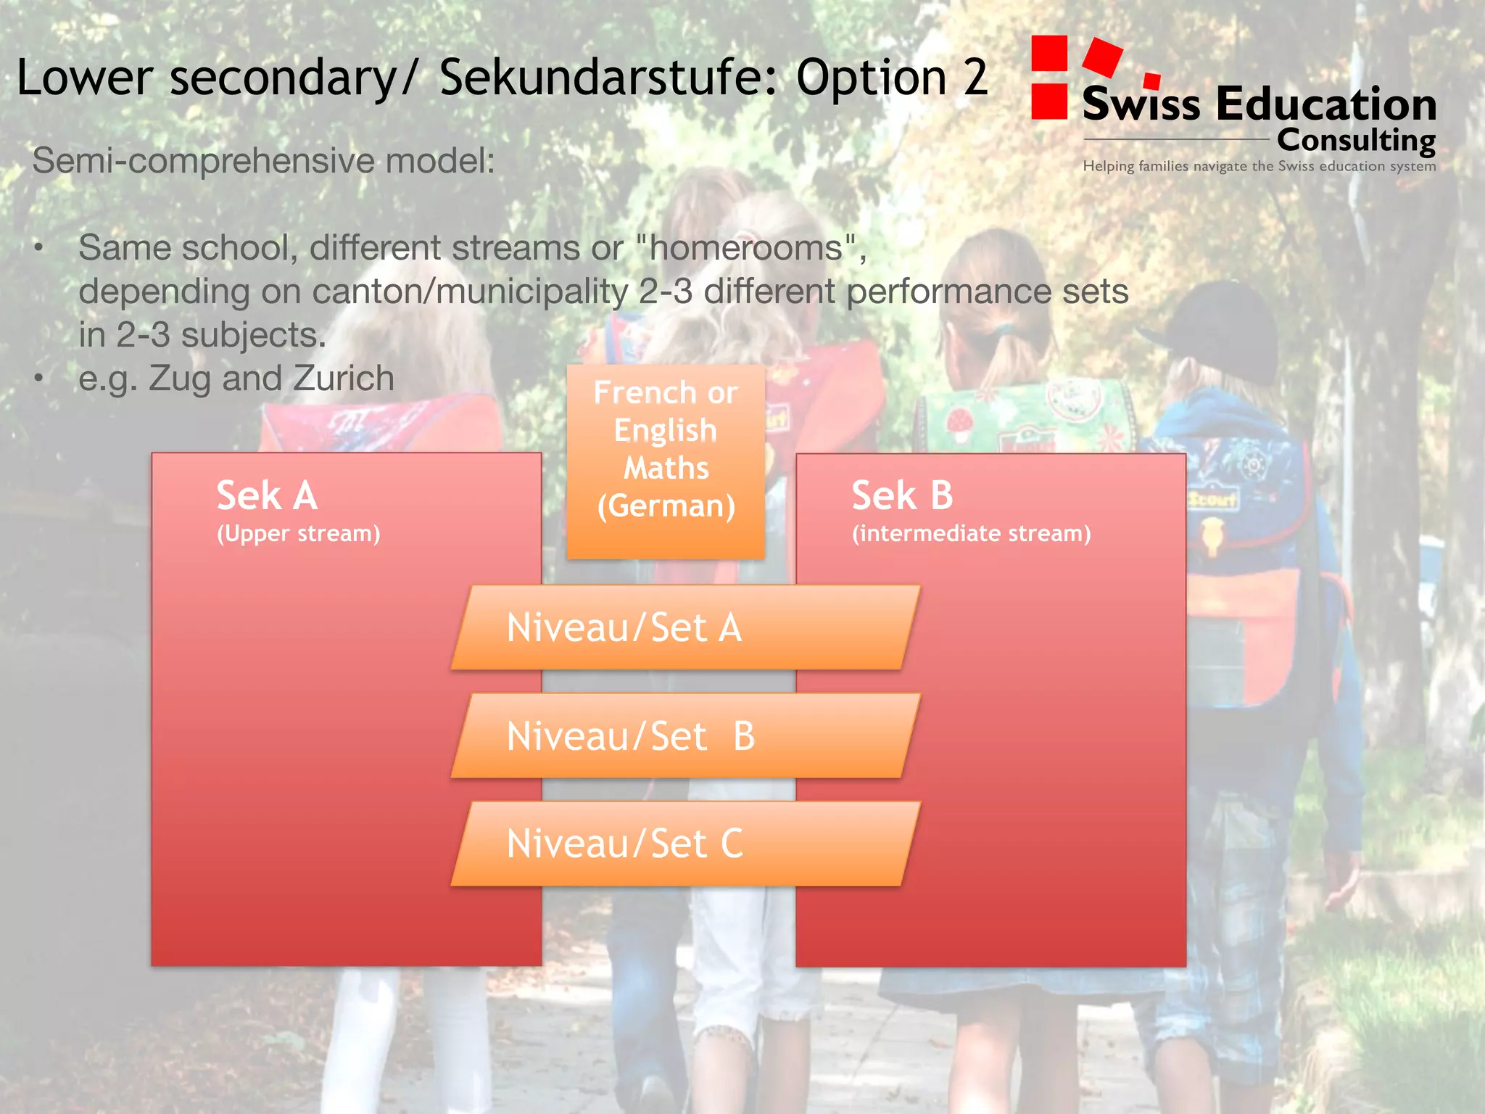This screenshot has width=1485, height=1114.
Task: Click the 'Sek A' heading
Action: click(267, 496)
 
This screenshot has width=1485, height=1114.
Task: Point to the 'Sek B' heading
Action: click(902, 496)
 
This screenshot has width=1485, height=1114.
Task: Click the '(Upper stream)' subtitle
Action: click(298, 534)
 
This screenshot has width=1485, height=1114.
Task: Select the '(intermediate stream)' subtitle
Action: click(971, 534)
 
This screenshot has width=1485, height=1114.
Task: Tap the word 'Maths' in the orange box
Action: click(666, 469)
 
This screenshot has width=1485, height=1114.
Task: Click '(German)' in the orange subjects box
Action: click(666, 506)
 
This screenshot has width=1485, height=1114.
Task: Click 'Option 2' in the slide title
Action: click(892, 78)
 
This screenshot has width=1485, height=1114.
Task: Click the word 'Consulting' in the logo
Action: click(1356, 140)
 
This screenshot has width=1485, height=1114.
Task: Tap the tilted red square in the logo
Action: click(1102, 57)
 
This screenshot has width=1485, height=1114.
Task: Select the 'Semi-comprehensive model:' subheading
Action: click(263, 160)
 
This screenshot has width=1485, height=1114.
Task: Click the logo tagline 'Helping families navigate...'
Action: click(1259, 166)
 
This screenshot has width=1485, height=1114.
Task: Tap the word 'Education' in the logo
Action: click(1326, 104)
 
